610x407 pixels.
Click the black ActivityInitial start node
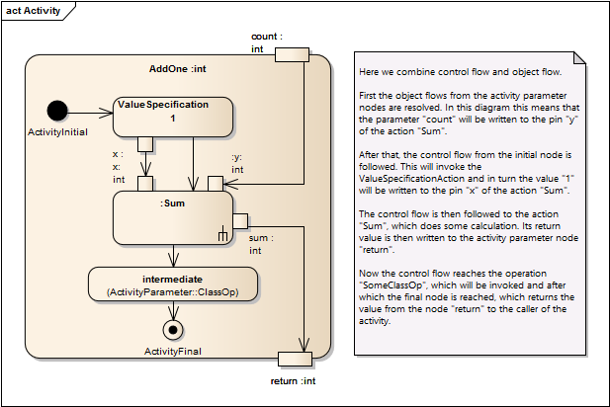coord(57,111)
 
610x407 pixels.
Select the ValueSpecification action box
coord(173,117)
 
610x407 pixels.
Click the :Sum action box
coord(173,217)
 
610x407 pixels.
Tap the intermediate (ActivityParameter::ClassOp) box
coord(173,285)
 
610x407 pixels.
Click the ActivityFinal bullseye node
coord(173,330)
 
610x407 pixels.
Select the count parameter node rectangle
coord(293,54)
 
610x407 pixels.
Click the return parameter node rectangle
coord(295,360)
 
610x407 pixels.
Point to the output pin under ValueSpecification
coord(145,144)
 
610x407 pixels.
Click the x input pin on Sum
coord(145,184)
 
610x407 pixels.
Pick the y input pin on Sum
coord(216,184)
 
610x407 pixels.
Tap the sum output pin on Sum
coord(240,221)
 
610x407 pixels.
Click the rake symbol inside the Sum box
coord(222,233)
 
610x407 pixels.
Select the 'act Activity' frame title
coord(33,11)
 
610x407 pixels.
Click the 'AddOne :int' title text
coord(178,69)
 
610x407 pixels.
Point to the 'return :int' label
coord(293,381)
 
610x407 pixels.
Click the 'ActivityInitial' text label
coord(57,132)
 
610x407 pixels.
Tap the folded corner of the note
coord(580,58)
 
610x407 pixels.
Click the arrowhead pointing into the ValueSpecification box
coord(106,114)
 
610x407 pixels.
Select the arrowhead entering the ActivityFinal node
coord(173,313)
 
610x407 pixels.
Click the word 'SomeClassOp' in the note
coord(392,285)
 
